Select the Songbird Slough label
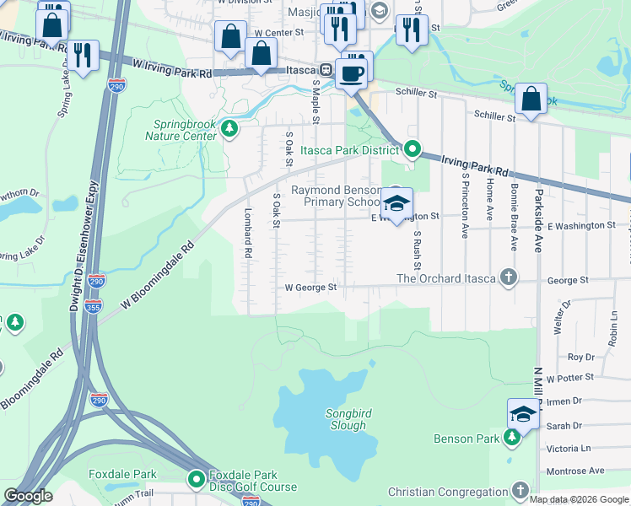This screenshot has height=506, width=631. pyautogui.click(x=347, y=419)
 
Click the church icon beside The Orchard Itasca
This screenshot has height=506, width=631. pyautogui.click(x=508, y=278)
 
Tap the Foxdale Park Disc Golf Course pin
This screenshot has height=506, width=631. pyautogui.click(x=196, y=479)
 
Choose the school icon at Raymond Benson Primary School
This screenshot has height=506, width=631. pyautogui.click(x=396, y=203)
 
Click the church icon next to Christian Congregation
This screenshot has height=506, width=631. pyautogui.click(x=520, y=491)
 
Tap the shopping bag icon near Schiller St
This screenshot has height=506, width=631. pyautogui.click(x=531, y=99)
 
